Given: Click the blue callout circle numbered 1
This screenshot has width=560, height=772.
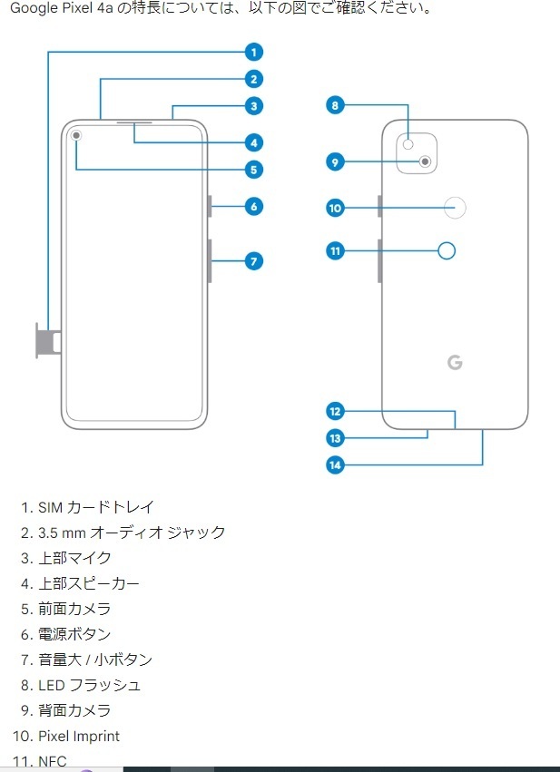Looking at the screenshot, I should pos(254,52).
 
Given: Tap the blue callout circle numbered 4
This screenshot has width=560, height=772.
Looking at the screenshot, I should pos(254,142).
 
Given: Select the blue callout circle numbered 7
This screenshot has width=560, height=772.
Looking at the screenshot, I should pos(254,261).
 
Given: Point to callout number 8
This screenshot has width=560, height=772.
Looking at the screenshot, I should pos(335,105).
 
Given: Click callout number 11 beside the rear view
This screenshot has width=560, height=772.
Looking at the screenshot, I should pos(335,250).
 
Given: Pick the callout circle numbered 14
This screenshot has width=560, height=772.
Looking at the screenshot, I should pos(335,464).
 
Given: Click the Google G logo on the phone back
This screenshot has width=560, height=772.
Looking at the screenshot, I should pos(455,362).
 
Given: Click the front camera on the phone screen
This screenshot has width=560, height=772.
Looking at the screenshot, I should pos(75,135).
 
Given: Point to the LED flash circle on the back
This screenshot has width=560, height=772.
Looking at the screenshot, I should pos(409,143).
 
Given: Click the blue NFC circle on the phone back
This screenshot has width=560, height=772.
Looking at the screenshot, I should pos(447,250).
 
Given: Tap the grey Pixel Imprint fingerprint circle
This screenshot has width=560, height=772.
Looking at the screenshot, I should pos(456,209).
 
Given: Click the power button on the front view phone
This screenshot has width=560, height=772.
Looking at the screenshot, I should pos(210,207).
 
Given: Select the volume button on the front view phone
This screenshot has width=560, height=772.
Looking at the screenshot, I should pos(210,260).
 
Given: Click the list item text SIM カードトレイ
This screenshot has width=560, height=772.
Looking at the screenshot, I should pos(96,507).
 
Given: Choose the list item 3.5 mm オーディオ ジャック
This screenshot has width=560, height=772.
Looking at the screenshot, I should pos(132,533).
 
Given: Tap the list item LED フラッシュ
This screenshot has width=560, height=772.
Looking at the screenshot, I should pos(90,685).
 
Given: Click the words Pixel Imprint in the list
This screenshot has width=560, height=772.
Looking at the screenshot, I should pos(79,736).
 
